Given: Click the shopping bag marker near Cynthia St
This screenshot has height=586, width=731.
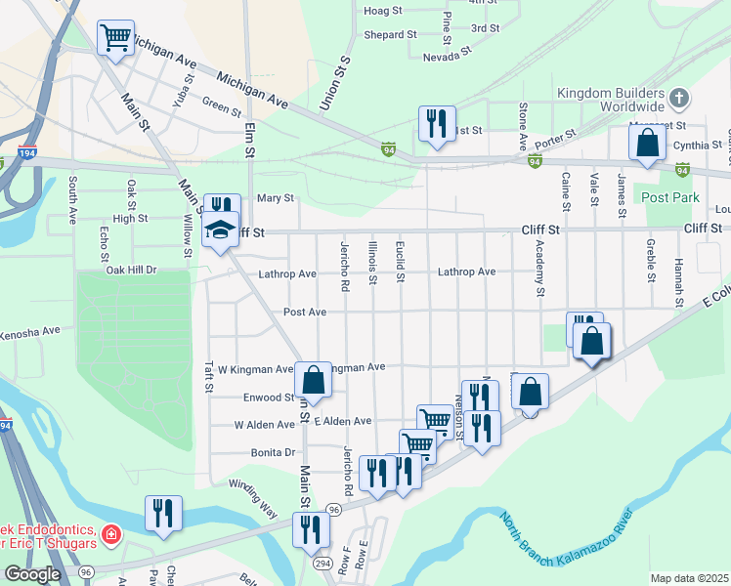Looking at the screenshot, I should point(648,143).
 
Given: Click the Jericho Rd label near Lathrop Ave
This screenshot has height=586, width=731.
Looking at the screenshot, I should point(344,265).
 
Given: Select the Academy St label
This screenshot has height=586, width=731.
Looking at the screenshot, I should point(538,269).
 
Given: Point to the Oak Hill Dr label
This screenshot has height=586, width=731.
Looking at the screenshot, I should point(131,270).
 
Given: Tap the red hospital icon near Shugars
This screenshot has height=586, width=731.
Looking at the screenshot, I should point(110,536).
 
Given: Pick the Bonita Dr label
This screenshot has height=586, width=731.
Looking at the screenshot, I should point(273,453).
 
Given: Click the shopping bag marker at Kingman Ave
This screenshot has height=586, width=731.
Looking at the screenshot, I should point(314,381).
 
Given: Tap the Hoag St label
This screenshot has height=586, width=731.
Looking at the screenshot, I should point(383,11).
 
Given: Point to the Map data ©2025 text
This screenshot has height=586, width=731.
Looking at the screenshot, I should point(690,578).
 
